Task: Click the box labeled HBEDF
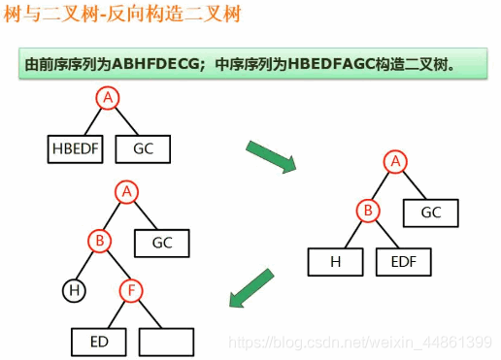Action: point(74,149)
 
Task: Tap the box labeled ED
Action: point(99,342)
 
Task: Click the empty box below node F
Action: point(167,342)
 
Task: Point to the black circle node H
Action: point(73,289)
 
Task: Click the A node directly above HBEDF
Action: point(108,97)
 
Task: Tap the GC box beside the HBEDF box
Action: point(142,149)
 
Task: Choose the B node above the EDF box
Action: point(368,210)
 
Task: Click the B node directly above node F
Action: point(99,239)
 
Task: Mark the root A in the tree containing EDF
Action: point(394,162)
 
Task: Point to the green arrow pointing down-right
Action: point(271,156)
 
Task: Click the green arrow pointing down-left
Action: point(253,288)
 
